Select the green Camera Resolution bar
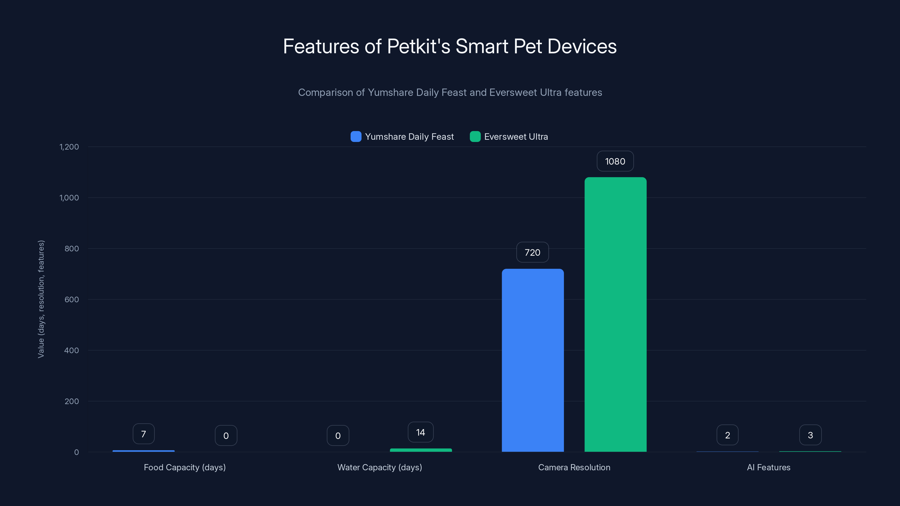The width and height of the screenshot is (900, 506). (615, 314)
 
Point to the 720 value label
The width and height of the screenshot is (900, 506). (532, 252)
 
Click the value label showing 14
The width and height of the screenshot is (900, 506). (421, 432)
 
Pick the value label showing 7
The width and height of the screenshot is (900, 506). (144, 434)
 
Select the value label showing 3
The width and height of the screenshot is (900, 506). (810, 435)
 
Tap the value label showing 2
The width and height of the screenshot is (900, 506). (727, 435)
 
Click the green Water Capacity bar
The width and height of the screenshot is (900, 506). (421, 450)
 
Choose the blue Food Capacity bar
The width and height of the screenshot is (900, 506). (144, 451)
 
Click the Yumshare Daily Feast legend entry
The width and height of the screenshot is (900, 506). (402, 137)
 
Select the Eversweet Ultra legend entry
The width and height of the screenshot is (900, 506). (509, 137)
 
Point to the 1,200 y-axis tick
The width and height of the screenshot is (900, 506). (69, 147)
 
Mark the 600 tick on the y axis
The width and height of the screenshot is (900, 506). (72, 300)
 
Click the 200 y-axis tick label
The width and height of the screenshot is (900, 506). (72, 401)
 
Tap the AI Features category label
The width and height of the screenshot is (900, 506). (769, 467)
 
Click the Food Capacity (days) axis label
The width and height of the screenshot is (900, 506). (185, 467)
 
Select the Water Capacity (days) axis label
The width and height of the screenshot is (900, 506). (380, 467)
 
